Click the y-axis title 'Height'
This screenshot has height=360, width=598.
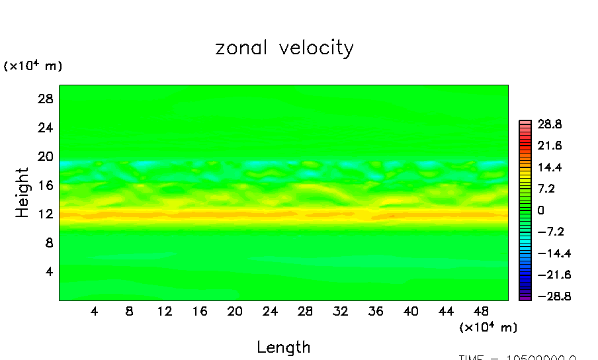22,193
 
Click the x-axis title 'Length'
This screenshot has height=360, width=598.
283,347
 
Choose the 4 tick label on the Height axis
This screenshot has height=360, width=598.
48,271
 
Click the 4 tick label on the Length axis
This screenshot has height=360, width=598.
94,312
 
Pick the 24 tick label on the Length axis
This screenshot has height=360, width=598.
270,312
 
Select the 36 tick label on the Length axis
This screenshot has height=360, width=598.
375,312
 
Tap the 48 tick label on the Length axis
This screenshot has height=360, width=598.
481,312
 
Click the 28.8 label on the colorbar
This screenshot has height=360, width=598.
550,124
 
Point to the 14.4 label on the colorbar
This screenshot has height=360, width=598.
550,167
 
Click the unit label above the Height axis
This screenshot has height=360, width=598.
33,66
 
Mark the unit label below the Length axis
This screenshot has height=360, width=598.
488,328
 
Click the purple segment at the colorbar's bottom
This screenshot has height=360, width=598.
525,298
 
